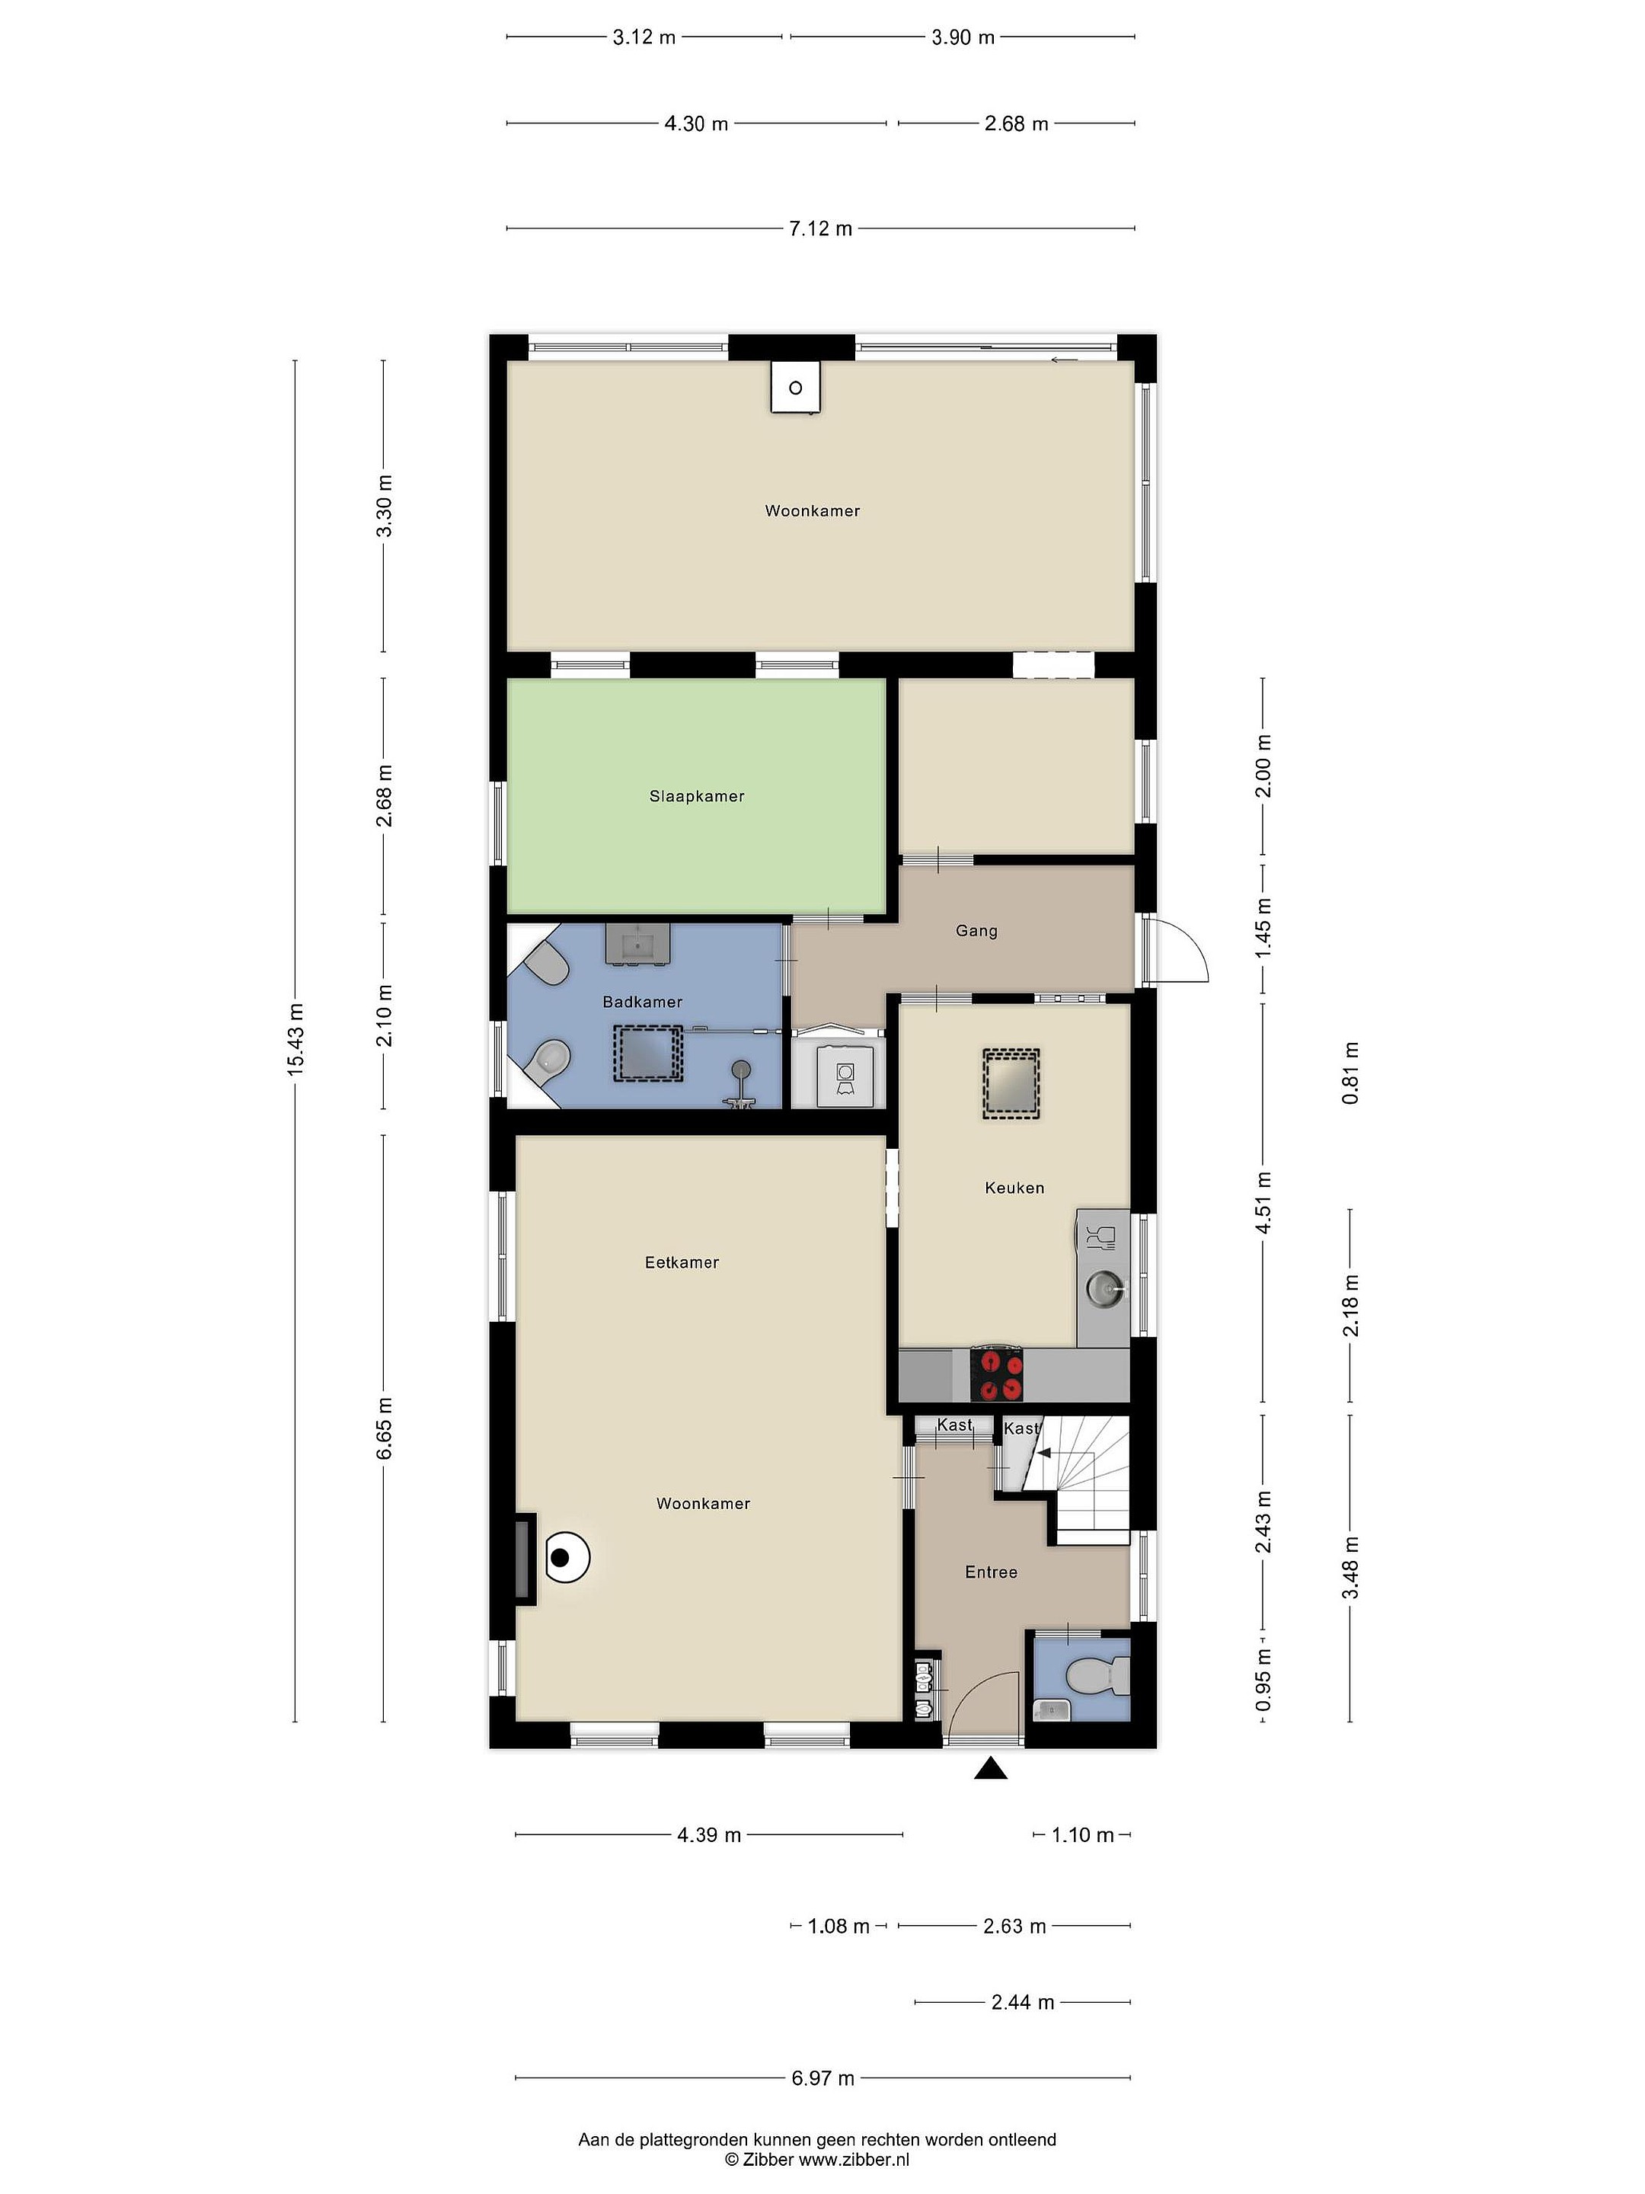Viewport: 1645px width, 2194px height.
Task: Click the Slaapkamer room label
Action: click(696, 795)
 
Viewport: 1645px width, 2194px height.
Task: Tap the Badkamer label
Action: click(643, 1002)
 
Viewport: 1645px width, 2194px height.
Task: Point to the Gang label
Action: click(976, 930)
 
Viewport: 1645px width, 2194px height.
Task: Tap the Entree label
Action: click(991, 1572)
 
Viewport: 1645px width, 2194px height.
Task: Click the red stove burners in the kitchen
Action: click(998, 1375)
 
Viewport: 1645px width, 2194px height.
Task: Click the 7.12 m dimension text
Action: click(820, 229)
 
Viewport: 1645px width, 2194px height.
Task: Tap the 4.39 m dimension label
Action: click(709, 1835)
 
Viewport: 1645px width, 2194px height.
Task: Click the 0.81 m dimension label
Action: click(1350, 1073)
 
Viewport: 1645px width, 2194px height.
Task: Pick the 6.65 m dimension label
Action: click(385, 1428)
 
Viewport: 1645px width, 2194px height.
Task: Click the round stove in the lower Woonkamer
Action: click(565, 1558)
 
